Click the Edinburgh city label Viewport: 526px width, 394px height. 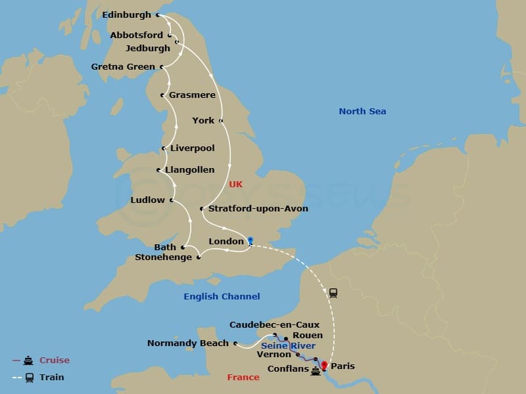click(127, 14)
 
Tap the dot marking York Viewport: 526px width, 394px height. click(221, 121)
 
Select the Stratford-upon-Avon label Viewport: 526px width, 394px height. click(258, 209)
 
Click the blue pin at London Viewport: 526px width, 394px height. click(251, 241)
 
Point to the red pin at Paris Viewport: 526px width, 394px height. click(323, 364)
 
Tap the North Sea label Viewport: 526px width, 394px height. click(362, 112)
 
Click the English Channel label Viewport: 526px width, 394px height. click(222, 297)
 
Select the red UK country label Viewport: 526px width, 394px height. click(236, 185)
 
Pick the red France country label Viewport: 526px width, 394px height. click(243, 378)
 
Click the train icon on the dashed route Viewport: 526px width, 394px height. click(333, 293)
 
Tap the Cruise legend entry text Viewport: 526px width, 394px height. click(54, 361)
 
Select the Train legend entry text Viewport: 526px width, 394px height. click(52, 378)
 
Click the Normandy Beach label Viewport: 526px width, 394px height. click(187, 343)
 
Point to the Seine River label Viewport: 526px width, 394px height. click(288, 346)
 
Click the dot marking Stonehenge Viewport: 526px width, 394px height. click(198, 257)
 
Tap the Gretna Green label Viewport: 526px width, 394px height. click(123, 67)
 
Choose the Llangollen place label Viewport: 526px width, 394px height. click(190, 170)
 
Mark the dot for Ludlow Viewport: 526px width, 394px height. click(172, 200)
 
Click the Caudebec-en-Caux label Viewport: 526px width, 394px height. click(274, 325)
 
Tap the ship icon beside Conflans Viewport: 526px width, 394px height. click(316, 370)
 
